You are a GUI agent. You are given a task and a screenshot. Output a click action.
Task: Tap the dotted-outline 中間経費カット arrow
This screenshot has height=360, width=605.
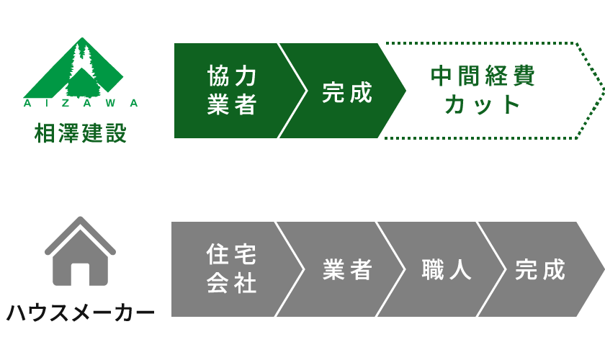click(x=490, y=91)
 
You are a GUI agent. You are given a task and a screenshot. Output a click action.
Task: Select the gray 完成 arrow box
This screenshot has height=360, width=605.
click(x=541, y=269)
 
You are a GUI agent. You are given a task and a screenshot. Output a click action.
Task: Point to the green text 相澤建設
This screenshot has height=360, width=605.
click(x=81, y=133)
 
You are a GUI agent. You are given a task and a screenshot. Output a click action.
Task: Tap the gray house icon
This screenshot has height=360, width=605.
click(x=80, y=252)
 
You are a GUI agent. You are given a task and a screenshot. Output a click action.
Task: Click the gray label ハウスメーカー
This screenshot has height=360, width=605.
click(x=80, y=313)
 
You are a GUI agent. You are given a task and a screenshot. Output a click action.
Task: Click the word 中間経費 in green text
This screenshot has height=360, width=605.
click(x=483, y=77)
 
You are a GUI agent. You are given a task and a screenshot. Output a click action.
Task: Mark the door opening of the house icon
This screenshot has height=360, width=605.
click(x=80, y=274)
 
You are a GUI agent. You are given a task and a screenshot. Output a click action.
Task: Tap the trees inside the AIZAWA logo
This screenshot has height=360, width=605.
click(x=81, y=68)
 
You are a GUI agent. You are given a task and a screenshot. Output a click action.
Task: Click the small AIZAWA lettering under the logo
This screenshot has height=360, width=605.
click(x=81, y=103)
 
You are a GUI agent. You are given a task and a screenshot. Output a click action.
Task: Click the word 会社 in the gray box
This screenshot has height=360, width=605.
click(x=231, y=283)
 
